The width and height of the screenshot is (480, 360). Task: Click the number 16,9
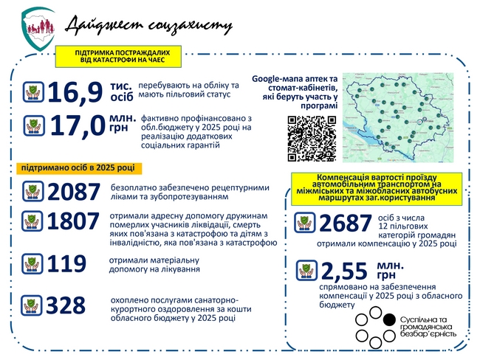(75, 93)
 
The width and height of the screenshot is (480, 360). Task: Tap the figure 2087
(73, 193)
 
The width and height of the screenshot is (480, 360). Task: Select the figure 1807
(73, 222)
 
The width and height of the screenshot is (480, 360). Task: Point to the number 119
(66, 264)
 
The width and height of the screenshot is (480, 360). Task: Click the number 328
(66, 305)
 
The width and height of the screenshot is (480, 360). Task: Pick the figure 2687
(346, 223)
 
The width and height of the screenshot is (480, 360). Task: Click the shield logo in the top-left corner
(38, 29)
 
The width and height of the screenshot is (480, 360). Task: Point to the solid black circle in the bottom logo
(390, 319)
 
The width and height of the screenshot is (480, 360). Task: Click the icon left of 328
(32, 305)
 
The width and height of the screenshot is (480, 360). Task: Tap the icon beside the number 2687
(305, 223)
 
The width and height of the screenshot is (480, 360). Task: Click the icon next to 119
(32, 264)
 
